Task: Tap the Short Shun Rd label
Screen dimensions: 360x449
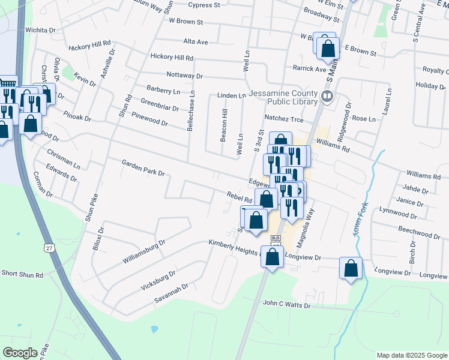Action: (x=22, y=274)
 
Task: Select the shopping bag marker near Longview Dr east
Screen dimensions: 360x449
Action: (x=351, y=268)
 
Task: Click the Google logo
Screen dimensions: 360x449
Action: (x=20, y=353)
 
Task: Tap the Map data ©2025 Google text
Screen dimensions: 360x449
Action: (x=411, y=355)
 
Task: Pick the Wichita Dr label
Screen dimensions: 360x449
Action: (x=40, y=29)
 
